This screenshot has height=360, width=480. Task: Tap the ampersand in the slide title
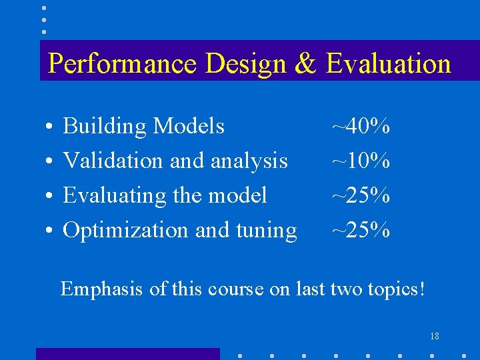coord(305,63)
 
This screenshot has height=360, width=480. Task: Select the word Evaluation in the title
coord(389,64)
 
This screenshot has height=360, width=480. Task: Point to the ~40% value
coord(361,125)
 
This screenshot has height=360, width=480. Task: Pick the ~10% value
coord(361,160)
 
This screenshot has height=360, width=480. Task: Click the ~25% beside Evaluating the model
coord(361,195)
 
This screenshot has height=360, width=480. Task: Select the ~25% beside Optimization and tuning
coord(361,229)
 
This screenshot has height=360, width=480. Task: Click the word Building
coord(105,126)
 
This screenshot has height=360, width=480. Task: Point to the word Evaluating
coord(114,195)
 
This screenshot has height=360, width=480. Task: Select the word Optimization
coord(125,230)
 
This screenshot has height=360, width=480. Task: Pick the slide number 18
coord(434,335)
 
